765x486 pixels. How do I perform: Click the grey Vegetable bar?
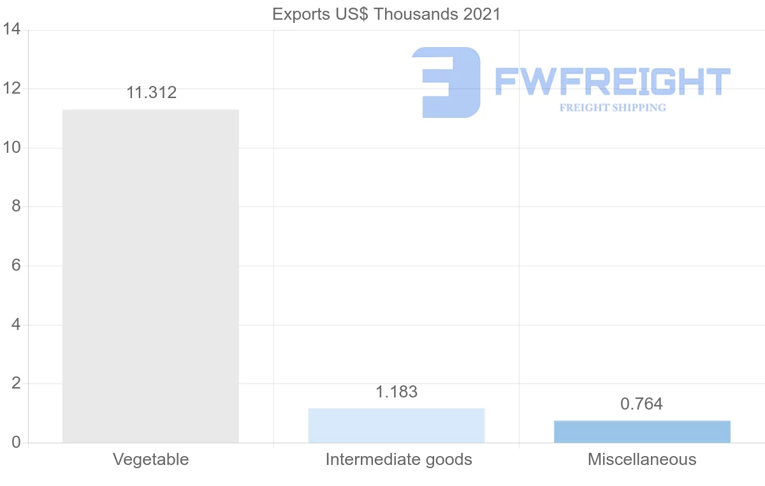(150, 276)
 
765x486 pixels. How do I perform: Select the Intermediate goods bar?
(396, 425)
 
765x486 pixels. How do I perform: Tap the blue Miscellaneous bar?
(642, 432)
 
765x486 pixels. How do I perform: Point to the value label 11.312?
(151, 93)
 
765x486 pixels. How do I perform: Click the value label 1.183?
(396, 392)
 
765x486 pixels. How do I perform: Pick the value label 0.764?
(641, 404)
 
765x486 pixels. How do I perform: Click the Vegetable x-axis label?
(150, 459)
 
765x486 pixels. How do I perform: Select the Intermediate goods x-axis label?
(398, 459)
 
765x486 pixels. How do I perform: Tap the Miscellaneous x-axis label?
(642, 459)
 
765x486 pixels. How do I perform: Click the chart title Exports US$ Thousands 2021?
(386, 14)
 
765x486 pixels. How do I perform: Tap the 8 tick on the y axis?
(15, 207)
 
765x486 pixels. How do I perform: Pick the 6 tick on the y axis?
(15, 266)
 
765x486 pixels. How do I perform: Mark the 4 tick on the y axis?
(15, 325)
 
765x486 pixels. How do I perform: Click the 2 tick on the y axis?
(15, 383)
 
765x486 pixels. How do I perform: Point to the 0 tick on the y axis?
(15, 443)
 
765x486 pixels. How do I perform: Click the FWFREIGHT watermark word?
(612, 82)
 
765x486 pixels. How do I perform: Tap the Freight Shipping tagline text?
(612, 108)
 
